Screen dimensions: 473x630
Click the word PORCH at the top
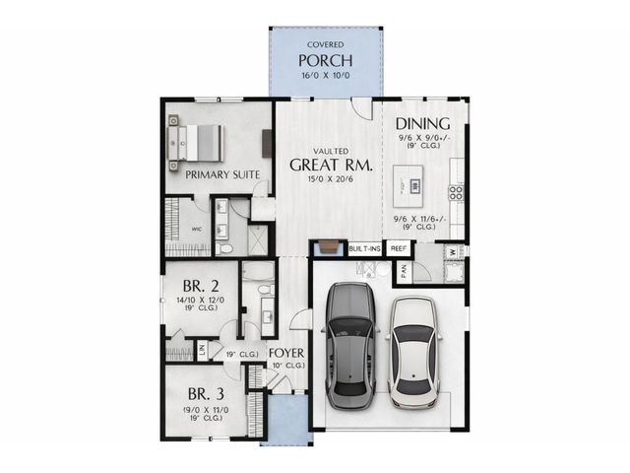[326, 62]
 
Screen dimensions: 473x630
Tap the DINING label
[423, 124]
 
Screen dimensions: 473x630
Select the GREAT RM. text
[329, 165]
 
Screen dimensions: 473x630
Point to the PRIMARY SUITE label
[222, 174]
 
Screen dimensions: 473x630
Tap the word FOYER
[286, 353]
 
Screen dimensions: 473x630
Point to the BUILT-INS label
[365, 249]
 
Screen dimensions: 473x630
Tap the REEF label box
[399, 249]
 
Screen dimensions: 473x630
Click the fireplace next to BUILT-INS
[328, 249]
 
